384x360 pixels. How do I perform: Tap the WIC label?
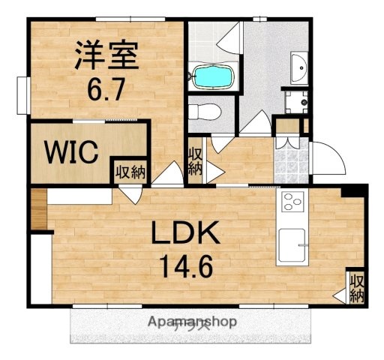71,153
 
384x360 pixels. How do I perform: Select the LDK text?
187,234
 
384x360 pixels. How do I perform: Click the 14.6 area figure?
187,265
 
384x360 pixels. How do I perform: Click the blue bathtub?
214,75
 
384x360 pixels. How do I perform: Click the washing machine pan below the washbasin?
296,100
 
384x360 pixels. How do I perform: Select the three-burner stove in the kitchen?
290,202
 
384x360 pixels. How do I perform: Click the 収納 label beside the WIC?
129,172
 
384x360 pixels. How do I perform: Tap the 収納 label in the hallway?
195,161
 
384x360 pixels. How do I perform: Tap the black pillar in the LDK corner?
353,191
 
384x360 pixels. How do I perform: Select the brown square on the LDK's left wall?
39,207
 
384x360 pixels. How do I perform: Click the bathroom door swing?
229,37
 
